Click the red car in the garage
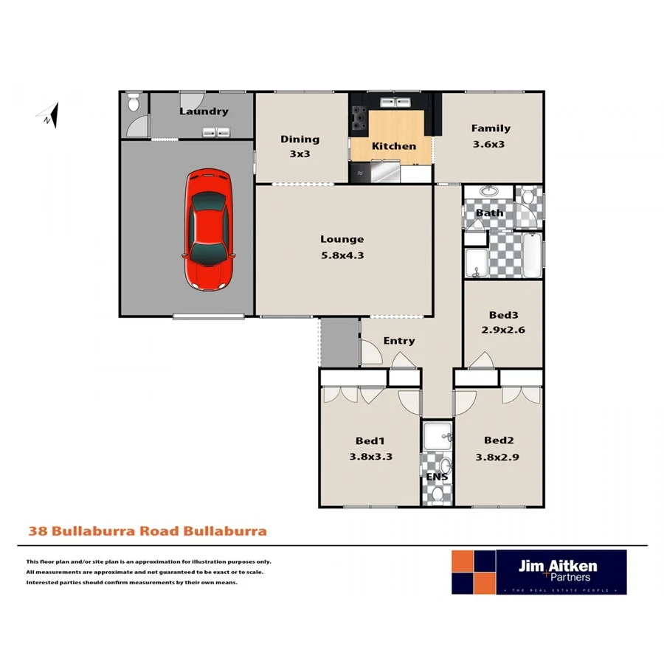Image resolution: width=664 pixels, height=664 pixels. click(x=210, y=229)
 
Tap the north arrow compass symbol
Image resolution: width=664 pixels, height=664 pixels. click(x=49, y=115)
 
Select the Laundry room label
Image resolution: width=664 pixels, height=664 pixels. click(x=204, y=111)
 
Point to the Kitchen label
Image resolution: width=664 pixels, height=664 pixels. click(x=393, y=146)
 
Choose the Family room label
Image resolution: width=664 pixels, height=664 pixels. click(x=491, y=128)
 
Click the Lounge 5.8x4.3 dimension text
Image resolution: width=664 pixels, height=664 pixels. click(x=342, y=255)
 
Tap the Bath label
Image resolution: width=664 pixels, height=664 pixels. click(x=489, y=213)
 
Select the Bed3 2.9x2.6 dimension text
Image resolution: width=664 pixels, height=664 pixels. click(x=503, y=331)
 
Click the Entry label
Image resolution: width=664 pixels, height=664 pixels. click(x=398, y=341)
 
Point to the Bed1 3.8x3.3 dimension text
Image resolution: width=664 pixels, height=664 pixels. click(x=370, y=456)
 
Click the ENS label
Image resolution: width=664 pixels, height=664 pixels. click(x=436, y=476)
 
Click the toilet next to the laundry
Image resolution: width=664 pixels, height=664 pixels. click(x=134, y=104)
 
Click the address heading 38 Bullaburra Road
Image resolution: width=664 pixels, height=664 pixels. click(x=147, y=530)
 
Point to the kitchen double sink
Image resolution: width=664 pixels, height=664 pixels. click(x=393, y=102)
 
